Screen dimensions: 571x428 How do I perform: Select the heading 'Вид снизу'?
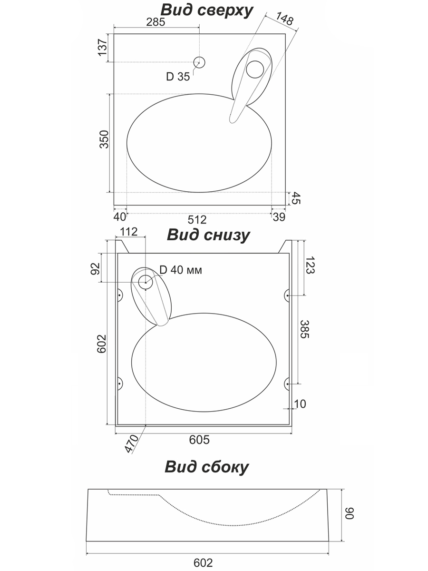point(207,235)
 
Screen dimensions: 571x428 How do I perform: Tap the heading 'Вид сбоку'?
point(207,467)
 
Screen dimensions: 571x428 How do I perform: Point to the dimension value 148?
point(283,19)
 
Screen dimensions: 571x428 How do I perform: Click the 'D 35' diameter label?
point(178,77)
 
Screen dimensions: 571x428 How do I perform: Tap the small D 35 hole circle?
point(199,62)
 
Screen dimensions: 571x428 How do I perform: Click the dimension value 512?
point(197,219)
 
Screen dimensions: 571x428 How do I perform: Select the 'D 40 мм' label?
point(181,270)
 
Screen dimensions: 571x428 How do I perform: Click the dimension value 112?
point(129,232)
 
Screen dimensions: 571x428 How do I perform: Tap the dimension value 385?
point(305,328)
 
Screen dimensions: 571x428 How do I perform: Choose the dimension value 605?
point(199,440)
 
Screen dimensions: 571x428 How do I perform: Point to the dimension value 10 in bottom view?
point(300,404)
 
